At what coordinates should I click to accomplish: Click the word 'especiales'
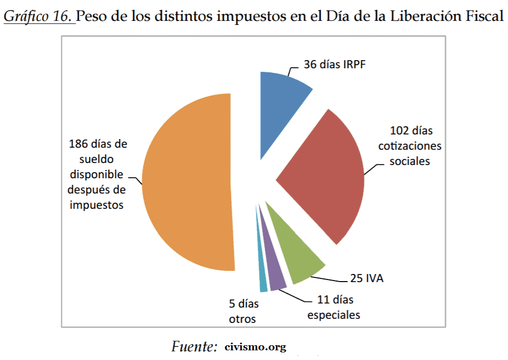click(x=333, y=315)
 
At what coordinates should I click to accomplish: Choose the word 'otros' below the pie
click(x=242, y=319)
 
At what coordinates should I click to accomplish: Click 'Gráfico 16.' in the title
click(x=39, y=17)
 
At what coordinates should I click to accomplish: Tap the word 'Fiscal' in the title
click(x=483, y=17)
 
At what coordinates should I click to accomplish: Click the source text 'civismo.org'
click(x=255, y=348)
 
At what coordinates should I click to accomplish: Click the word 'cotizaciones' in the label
click(x=410, y=146)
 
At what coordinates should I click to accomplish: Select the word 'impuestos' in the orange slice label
click(x=97, y=205)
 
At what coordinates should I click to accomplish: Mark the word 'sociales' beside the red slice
click(x=410, y=161)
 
